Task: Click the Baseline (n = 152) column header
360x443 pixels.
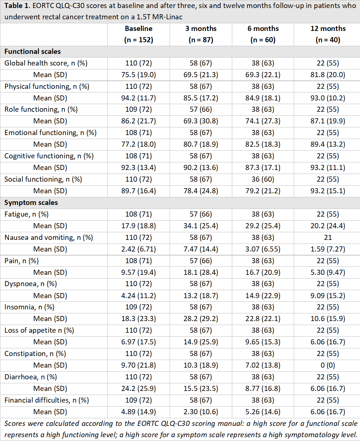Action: (x=139, y=34)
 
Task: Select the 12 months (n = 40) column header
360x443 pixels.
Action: (x=328, y=34)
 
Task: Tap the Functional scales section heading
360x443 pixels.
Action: (x=32, y=51)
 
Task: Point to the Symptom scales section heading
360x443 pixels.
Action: (x=31, y=203)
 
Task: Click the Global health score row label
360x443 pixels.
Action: (x=46, y=63)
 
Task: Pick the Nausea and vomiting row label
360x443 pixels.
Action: (x=49, y=237)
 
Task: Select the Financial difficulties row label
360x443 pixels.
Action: (x=47, y=400)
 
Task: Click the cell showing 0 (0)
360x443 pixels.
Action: (x=328, y=365)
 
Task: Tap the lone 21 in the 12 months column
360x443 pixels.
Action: (x=328, y=237)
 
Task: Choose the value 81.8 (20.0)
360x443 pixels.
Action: (x=328, y=75)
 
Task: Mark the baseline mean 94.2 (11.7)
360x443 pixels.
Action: (x=139, y=98)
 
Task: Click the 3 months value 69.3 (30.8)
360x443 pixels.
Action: (x=201, y=121)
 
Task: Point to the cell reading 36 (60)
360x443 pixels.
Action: (x=263, y=179)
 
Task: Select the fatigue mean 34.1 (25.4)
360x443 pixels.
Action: (x=201, y=226)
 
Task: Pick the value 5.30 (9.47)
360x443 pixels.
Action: (x=328, y=272)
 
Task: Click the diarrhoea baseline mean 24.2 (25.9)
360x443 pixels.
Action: (x=139, y=388)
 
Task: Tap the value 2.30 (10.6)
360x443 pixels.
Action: (x=201, y=412)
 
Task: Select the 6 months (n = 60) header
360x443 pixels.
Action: (x=263, y=34)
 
